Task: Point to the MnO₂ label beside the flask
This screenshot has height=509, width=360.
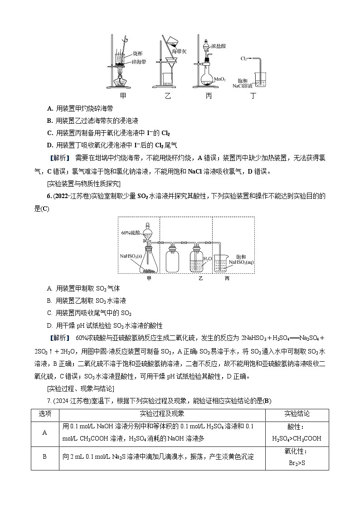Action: [x=220, y=79]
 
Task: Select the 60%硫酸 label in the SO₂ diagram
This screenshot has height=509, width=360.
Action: [x=129, y=233]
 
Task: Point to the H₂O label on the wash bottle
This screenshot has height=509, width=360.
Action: [x=208, y=258]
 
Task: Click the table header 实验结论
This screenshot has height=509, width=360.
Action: [x=297, y=414]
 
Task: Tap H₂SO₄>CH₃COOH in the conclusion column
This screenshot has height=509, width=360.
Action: [x=297, y=438]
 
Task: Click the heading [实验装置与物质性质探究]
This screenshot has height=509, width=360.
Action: [x=83, y=183]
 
